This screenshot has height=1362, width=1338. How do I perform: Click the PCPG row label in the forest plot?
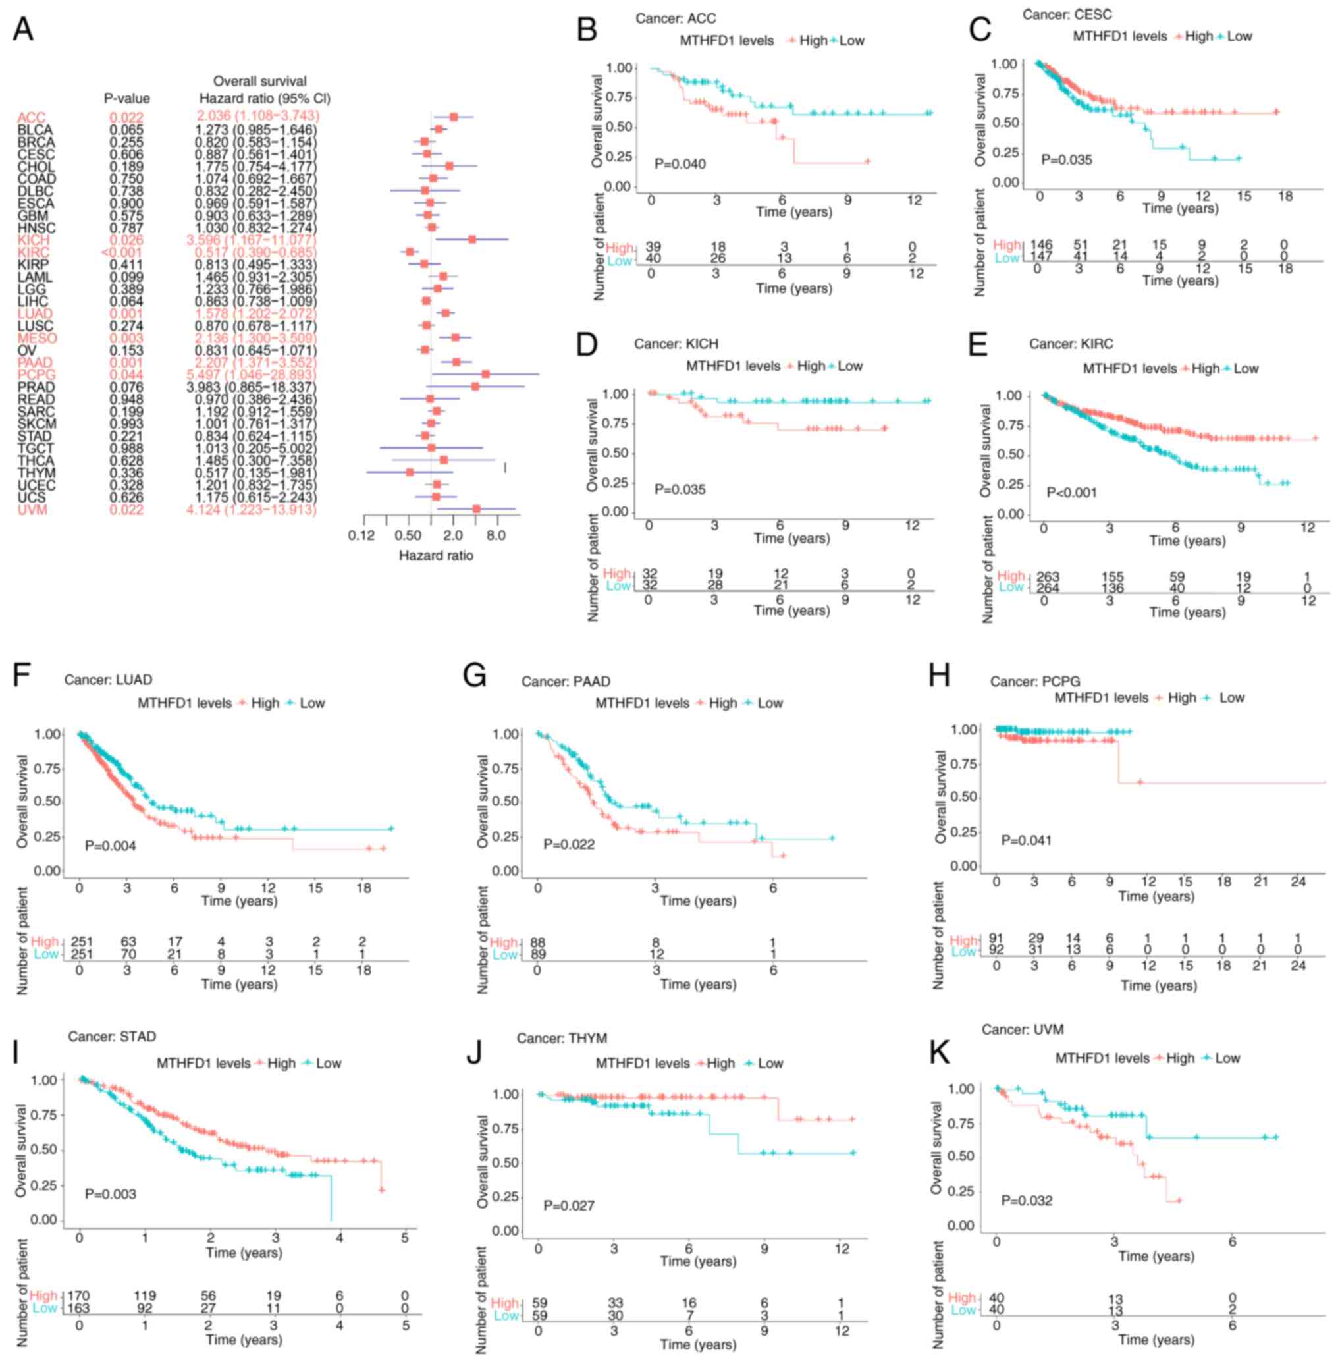pos(36,375)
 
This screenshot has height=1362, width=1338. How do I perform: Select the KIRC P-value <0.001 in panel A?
pos(126,252)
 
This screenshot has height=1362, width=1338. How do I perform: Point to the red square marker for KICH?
pos(472,240)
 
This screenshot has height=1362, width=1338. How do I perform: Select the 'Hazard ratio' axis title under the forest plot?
pos(436,556)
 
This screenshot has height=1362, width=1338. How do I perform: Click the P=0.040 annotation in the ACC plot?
pos(680,164)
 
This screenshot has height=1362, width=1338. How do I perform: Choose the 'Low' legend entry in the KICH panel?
pos(849,366)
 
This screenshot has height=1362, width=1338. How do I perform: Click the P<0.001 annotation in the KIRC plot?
pos(1072,493)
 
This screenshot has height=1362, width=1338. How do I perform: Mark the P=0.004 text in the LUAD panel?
pos(111,846)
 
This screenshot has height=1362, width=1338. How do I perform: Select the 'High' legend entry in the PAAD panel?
pos(723,703)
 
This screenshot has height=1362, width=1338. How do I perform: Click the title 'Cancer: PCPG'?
pos(1035,682)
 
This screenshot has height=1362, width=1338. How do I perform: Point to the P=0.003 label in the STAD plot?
pos(111,1194)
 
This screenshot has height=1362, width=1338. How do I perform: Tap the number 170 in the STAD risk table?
pos(79,1295)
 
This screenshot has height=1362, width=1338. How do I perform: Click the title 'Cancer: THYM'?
pos(562,1038)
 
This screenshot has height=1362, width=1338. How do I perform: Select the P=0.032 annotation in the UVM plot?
pos(1027,1201)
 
